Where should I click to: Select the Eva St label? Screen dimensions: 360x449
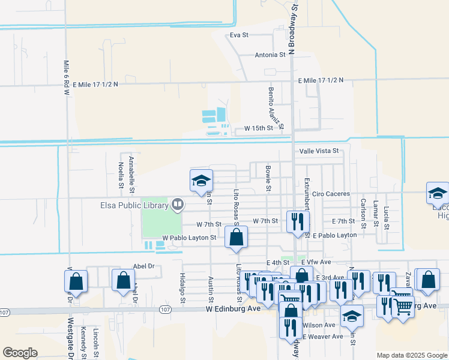239,35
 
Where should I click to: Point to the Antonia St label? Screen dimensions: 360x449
270,55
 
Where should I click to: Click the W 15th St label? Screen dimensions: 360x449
258,128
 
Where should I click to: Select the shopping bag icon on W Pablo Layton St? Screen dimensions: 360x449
237,236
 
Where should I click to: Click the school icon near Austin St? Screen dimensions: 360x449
202,181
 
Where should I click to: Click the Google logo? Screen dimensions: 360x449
20,353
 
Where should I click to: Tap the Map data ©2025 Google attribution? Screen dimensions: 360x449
411,355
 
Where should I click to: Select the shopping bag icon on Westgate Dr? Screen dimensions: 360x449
76,281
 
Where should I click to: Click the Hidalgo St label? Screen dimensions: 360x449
182,287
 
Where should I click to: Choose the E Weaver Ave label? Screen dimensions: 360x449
322,337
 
